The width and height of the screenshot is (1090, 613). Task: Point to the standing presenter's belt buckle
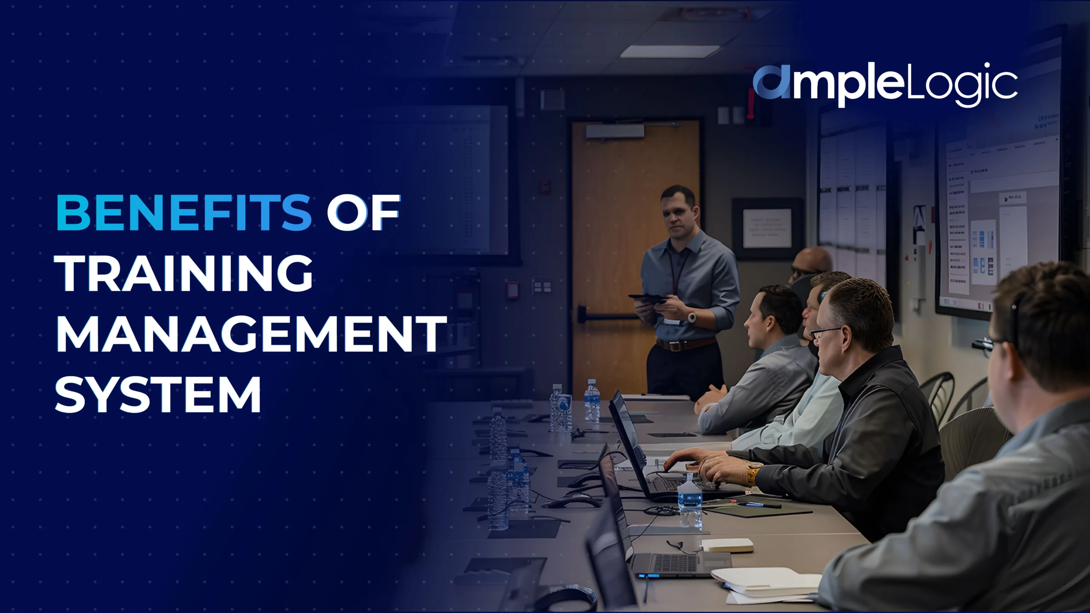(674, 346)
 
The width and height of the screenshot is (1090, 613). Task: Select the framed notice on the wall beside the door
(767, 229)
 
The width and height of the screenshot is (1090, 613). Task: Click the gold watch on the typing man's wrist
(752, 473)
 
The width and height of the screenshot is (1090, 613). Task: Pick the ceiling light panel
(669, 52)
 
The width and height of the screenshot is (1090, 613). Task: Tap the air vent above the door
(552, 100)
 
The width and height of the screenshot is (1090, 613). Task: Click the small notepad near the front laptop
(726, 545)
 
